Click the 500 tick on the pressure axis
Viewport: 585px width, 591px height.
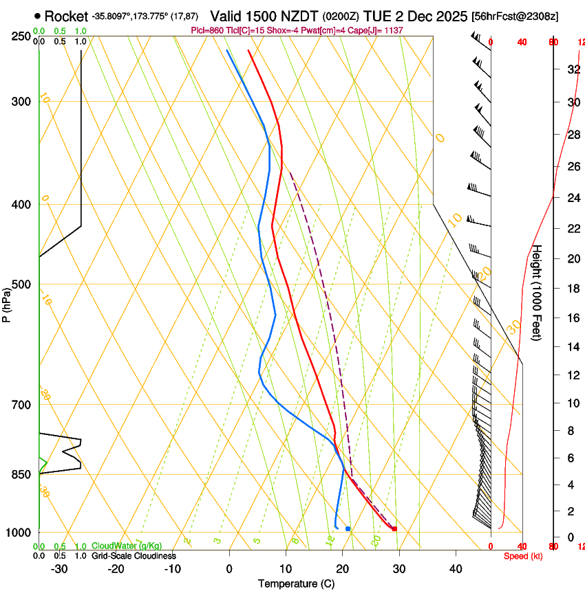pyautogui.click(x=22, y=285)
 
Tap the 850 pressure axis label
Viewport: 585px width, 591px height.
pyautogui.click(x=22, y=474)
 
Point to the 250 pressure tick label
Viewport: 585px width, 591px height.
pyautogui.click(x=22, y=36)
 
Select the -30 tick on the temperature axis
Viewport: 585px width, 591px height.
pyautogui.click(x=59, y=569)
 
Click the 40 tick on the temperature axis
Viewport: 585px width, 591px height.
pyautogui.click(x=455, y=569)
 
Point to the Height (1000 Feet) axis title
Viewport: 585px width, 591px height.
pyautogui.click(x=537, y=292)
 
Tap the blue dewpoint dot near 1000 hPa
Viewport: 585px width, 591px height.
pyautogui.click(x=348, y=528)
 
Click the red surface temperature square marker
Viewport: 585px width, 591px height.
pyautogui.click(x=394, y=528)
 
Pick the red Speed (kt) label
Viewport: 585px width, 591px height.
pyautogui.click(x=522, y=556)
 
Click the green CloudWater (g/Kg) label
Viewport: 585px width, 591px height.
pyautogui.click(x=123, y=546)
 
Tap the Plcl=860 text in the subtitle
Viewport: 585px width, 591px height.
pyautogui.click(x=210, y=31)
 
